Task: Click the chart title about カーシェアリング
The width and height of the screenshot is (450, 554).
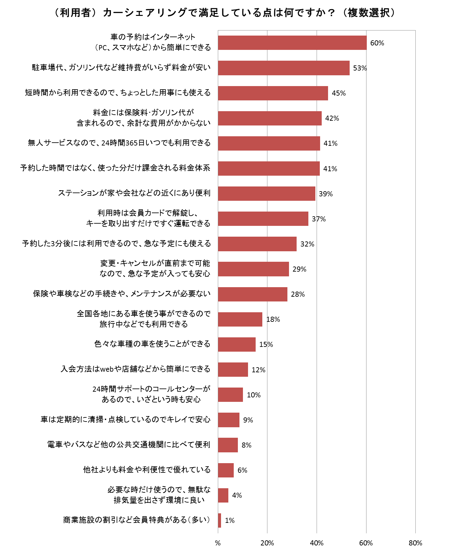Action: pos(225,13)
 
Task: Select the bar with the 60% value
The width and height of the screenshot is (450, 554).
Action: pos(292,43)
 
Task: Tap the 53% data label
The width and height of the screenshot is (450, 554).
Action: pos(360,68)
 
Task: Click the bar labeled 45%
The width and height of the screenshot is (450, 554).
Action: pos(273,93)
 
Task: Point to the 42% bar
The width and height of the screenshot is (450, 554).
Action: pos(270,118)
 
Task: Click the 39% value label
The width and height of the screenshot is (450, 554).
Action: pos(326,194)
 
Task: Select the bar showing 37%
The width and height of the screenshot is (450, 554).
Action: pos(263,219)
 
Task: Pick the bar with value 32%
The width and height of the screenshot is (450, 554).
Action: pos(257,244)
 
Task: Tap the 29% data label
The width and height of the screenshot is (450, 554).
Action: pos(299,269)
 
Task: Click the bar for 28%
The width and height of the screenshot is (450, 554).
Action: pos(252,294)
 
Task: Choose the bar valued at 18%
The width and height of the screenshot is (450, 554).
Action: pos(240,319)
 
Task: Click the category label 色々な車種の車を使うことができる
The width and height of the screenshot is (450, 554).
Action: pos(152,344)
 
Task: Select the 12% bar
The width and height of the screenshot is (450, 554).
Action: pos(233,369)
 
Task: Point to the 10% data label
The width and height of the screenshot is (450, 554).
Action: pos(254,395)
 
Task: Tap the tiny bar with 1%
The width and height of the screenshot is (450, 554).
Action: pos(219,520)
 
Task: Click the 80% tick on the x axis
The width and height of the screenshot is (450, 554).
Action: pos(415,543)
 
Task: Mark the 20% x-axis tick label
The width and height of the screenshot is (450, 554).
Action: pos(267,543)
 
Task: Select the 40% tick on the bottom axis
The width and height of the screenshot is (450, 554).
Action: pos(316,543)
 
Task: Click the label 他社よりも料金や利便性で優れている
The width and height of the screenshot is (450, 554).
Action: pos(147,470)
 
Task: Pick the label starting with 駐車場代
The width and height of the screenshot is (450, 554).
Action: pos(121,68)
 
